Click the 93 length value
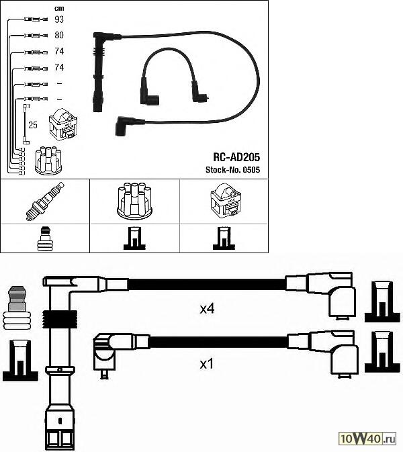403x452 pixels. pyautogui.click(x=59, y=19)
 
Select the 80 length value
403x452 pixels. pyautogui.click(x=59, y=35)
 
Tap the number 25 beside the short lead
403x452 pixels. pyautogui.click(x=32, y=125)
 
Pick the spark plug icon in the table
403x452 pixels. pyautogui.click(x=44, y=201)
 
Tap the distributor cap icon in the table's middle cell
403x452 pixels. pyautogui.click(x=134, y=201)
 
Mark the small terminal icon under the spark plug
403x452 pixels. pyautogui.click(x=44, y=238)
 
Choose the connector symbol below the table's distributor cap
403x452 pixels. pyautogui.click(x=134, y=238)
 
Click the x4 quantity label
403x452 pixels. pyautogui.click(x=208, y=310)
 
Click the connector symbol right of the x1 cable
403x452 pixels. pyautogui.click(x=381, y=353)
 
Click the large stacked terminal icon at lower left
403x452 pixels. pyautogui.click(x=17, y=310)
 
